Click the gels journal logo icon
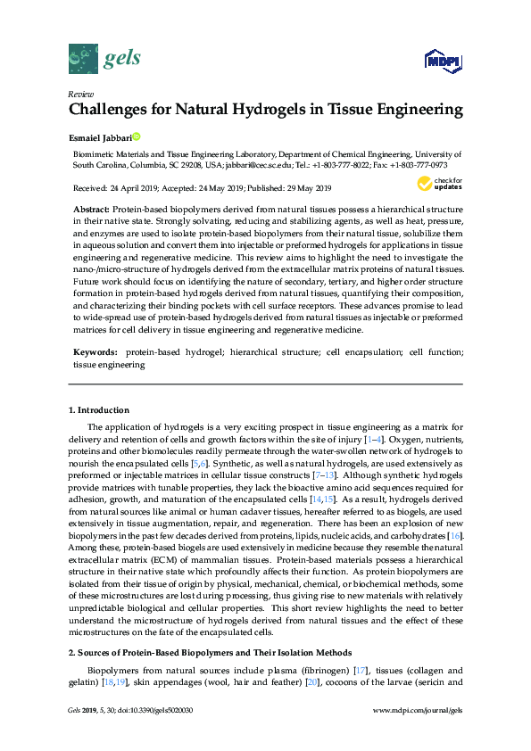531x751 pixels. [x=83, y=60]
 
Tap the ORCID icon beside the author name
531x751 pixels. [x=137, y=136]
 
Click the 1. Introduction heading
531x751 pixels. [x=99, y=410]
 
